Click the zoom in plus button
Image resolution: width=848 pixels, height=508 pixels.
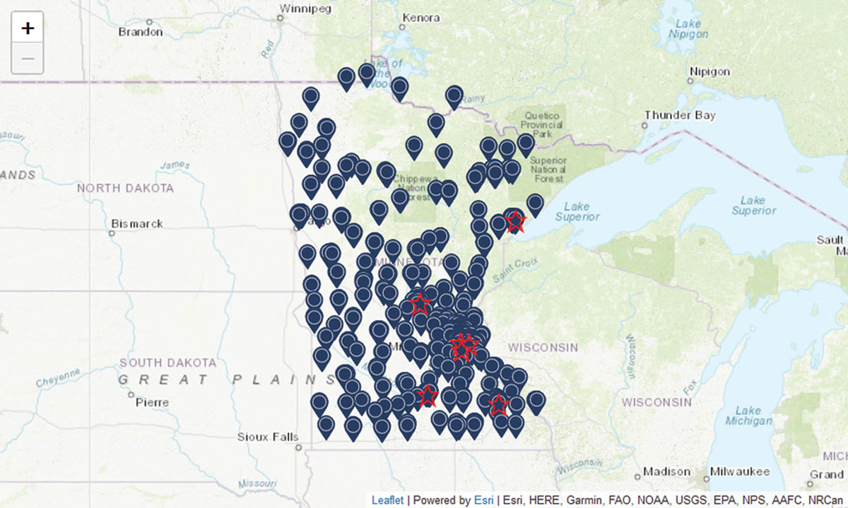point(28,28)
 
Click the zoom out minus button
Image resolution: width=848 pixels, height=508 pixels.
point(28,58)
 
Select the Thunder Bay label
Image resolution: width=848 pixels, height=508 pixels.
point(680,115)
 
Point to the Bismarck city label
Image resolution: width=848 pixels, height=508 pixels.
point(137,224)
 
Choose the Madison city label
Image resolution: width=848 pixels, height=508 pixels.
point(666,471)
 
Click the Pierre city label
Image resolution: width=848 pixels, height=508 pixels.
point(153,402)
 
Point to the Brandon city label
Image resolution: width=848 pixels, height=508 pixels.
point(141,32)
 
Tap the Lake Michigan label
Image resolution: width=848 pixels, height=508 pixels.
point(748,416)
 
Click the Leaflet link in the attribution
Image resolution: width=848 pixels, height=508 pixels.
point(388,500)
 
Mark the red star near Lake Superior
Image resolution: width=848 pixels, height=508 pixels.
point(515,221)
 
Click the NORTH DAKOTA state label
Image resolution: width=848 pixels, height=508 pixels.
point(125,188)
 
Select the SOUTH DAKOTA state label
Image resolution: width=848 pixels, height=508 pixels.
point(167,362)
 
